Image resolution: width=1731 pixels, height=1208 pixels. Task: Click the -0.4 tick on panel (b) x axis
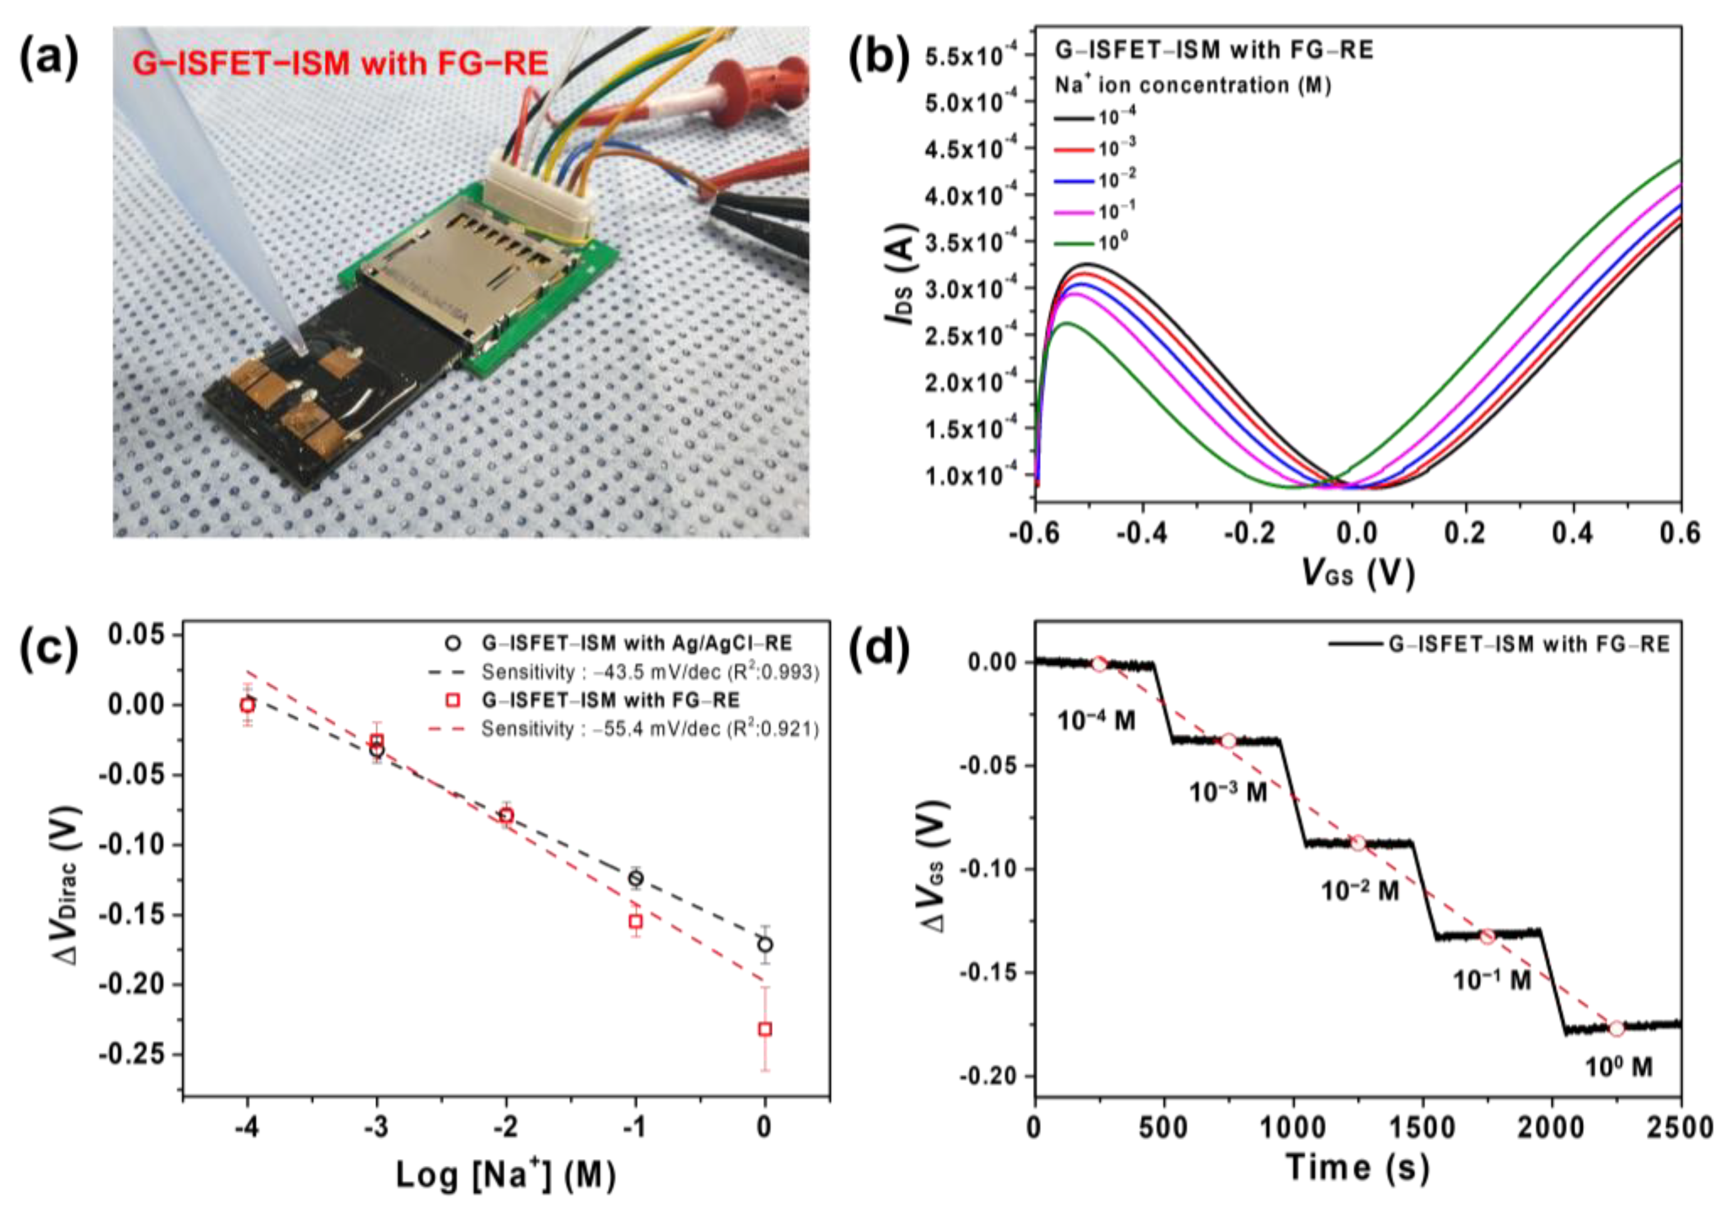[1142, 534]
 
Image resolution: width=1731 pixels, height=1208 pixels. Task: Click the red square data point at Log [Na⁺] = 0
[765, 1029]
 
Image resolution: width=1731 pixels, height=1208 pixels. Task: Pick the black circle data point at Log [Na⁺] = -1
[636, 878]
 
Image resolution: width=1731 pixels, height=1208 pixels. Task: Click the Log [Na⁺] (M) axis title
[506, 1175]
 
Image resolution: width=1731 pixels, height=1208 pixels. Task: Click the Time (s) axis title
[1357, 1168]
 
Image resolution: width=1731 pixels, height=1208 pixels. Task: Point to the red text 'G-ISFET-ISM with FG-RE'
[340, 65]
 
